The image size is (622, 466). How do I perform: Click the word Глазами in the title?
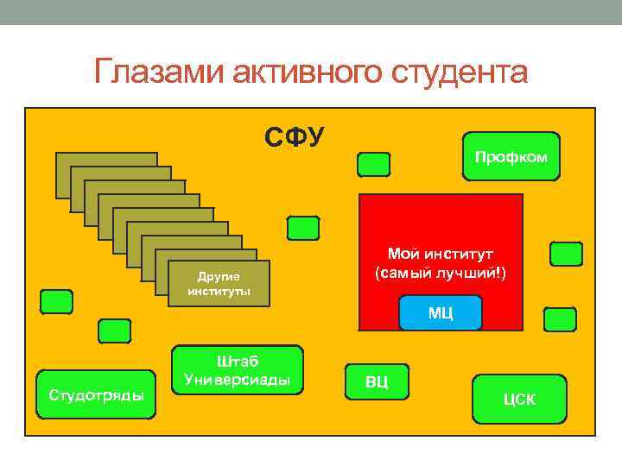click(x=158, y=72)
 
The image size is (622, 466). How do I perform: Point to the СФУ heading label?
click(x=295, y=136)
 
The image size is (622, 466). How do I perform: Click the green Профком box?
click(x=511, y=156)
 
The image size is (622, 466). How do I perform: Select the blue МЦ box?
click(x=440, y=312)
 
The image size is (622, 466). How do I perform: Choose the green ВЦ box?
click(x=377, y=381)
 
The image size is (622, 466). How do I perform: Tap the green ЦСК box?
click(x=519, y=399)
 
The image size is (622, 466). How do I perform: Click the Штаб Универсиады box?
click(x=238, y=370)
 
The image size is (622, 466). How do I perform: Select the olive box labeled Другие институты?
click(x=219, y=283)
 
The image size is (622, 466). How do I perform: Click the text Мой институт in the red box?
click(x=440, y=254)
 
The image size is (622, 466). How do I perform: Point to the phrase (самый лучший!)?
click(x=440, y=273)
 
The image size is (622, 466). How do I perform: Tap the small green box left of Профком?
click(x=373, y=164)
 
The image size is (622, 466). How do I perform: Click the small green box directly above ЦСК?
click(x=560, y=319)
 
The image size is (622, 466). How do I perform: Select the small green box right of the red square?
click(x=566, y=254)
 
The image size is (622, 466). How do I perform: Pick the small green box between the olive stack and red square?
click(x=302, y=228)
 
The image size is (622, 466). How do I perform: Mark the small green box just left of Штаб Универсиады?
click(x=114, y=331)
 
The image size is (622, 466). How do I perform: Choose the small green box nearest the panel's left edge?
click(x=56, y=301)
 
